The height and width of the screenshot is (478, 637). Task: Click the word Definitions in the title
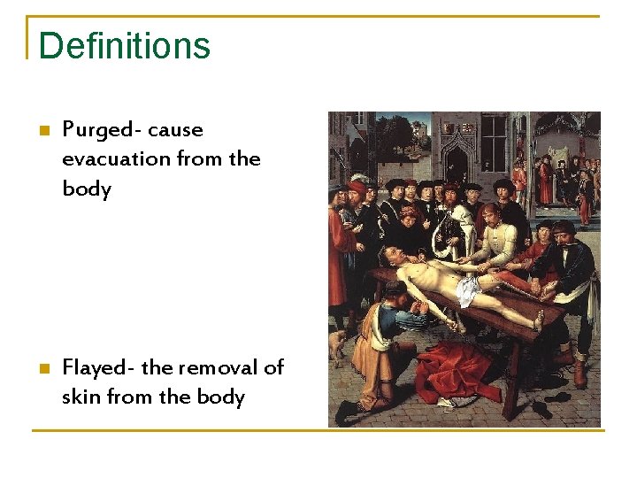click(x=125, y=45)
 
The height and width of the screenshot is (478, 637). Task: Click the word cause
click(x=175, y=130)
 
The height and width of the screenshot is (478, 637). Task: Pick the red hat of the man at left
click(x=357, y=188)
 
